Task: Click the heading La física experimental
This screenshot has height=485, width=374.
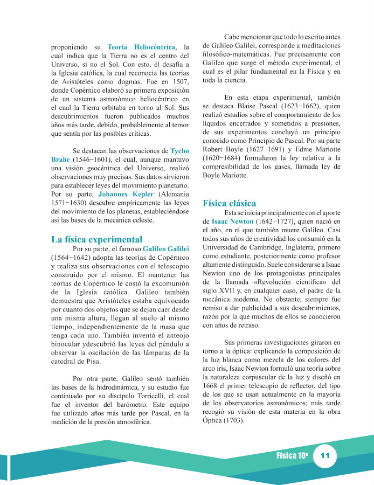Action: tap(96, 239)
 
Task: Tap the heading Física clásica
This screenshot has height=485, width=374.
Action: tap(229, 203)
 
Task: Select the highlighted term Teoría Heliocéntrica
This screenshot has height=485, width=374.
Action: tap(141, 47)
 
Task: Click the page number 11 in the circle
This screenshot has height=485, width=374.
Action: tap(325, 456)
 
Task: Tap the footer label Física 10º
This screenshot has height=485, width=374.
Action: tap(292, 456)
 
